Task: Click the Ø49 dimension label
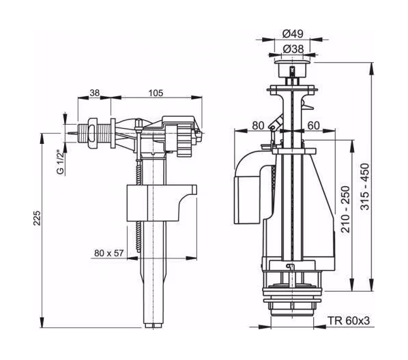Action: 293,34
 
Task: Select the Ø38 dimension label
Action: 293,49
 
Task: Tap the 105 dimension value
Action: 156,93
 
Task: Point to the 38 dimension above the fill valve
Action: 95,93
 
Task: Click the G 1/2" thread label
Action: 60,162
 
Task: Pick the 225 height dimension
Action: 38,218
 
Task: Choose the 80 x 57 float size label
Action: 108,253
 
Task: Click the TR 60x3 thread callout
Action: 349,320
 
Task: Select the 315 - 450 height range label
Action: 365,187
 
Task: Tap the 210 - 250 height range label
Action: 346,209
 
